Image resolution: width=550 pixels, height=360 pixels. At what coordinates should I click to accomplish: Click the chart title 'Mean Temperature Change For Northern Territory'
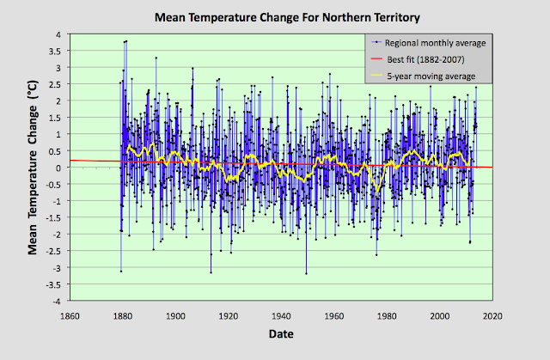(x=274, y=16)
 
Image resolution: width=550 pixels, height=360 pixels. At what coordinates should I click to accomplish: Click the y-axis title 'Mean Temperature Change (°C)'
(x=34, y=168)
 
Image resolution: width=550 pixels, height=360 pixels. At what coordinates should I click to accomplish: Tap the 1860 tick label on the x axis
(x=70, y=314)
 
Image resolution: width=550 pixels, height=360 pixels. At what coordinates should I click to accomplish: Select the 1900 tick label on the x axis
(x=175, y=314)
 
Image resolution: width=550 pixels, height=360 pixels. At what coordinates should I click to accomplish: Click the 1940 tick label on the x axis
(x=281, y=314)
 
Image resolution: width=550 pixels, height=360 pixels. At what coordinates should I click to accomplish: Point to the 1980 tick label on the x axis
(x=387, y=314)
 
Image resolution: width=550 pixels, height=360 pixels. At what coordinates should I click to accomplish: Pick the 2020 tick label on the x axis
(x=492, y=314)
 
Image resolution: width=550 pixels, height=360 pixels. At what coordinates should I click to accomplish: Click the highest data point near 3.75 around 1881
(x=126, y=41)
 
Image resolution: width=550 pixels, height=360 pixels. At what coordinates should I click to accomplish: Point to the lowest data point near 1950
(x=306, y=273)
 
